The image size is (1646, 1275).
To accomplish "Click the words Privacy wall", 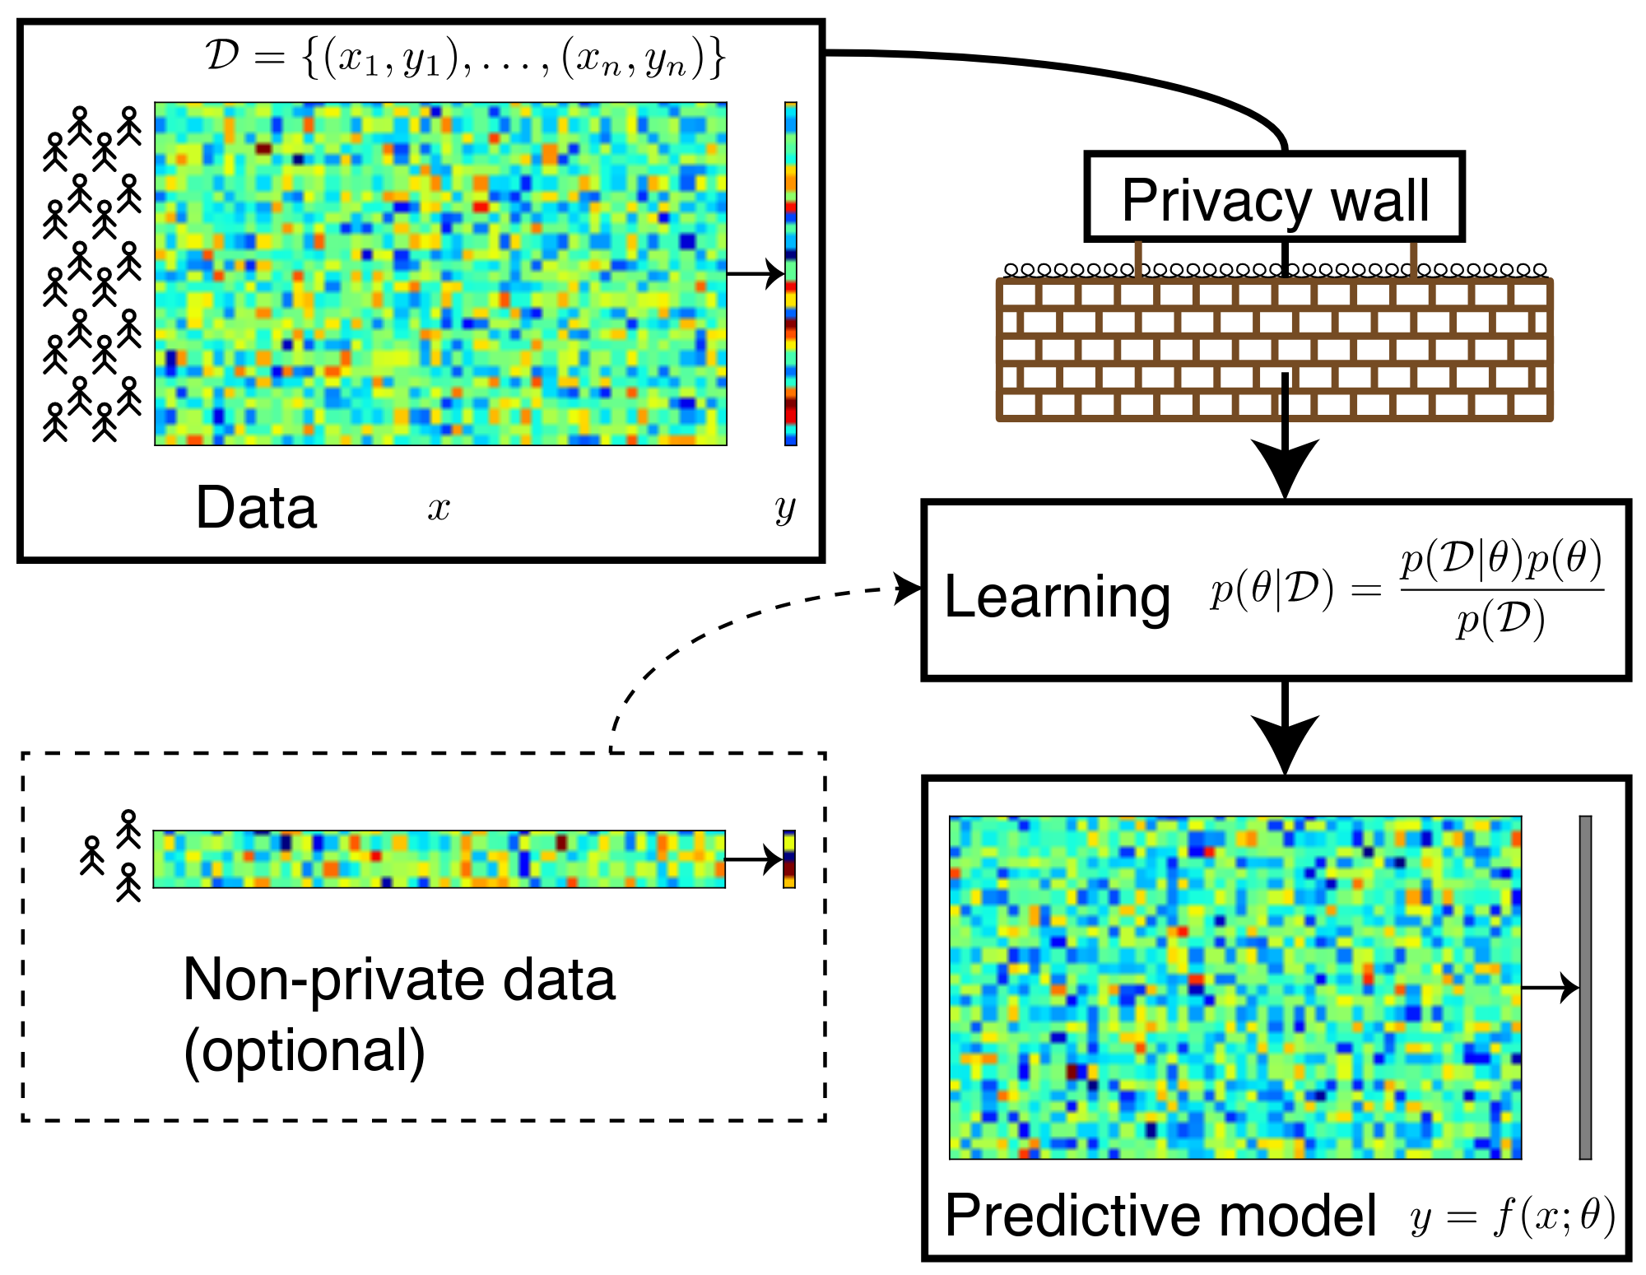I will pos(1275,200).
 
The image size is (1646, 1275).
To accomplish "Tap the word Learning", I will pos(1057,597).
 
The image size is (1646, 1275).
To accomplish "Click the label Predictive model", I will pos(1160,1215).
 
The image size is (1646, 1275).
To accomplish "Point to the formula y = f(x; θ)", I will pos(1513,1217).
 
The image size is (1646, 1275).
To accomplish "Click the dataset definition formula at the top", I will pos(465,59).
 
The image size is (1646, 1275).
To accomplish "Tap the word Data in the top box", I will pos(256,507).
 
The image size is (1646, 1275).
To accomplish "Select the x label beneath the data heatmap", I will pos(439,508).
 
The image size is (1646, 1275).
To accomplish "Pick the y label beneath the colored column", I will pos(785,509).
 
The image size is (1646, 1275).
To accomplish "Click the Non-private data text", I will pos(399,980).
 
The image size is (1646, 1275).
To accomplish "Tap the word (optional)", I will pos(304,1051).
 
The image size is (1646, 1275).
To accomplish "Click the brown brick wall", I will pos(1274,350).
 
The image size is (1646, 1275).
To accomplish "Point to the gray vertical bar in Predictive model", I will pos(1585,987).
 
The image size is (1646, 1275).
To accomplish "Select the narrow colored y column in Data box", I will pos(791,273).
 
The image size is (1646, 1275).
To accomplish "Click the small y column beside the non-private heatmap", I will pos(789,859).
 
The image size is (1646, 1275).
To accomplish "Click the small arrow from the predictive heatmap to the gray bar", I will pos(1550,987).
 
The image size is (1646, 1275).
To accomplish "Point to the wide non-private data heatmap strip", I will pos(439,859).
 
